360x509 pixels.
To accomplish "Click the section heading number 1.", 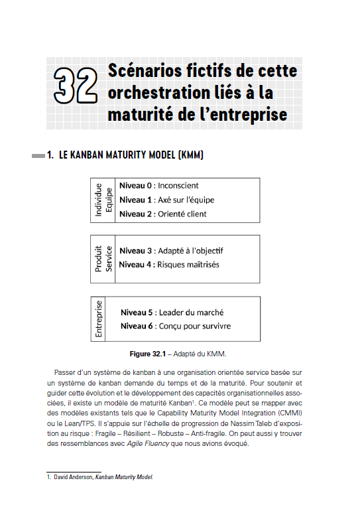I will click(50, 156).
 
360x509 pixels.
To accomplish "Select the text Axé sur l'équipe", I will click(186, 200).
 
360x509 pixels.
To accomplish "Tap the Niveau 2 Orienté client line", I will click(162, 214).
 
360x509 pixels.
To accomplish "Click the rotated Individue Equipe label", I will click(104, 200).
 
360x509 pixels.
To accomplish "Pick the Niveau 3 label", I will click(135, 251).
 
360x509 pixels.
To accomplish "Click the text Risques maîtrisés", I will click(188, 265).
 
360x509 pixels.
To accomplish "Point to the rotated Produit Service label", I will click(104, 258).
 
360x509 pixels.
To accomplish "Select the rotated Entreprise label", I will click(99, 319).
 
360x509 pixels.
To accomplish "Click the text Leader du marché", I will click(191, 313).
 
